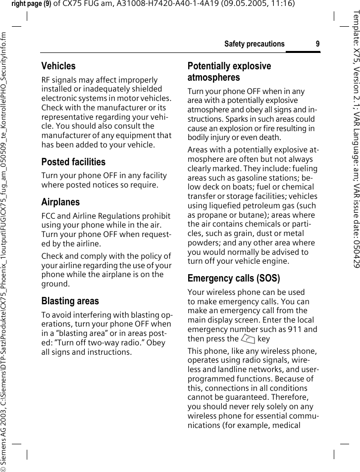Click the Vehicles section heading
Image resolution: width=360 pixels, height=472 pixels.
click(x=58, y=66)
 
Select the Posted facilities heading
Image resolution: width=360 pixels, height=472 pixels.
click(x=73, y=162)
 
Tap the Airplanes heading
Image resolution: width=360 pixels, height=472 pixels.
click(x=60, y=202)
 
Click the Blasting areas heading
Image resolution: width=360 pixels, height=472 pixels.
click(x=70, y=301)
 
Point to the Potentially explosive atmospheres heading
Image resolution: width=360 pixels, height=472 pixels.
click(x=229, y=72)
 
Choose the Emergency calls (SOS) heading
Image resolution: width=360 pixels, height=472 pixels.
click(x=233, y=279)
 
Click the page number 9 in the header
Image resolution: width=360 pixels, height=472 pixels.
click(x=317, y=44)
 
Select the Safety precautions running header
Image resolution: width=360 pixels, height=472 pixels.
click(x=254, y=44)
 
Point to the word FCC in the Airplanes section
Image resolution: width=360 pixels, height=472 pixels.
click(x=49, y=216)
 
